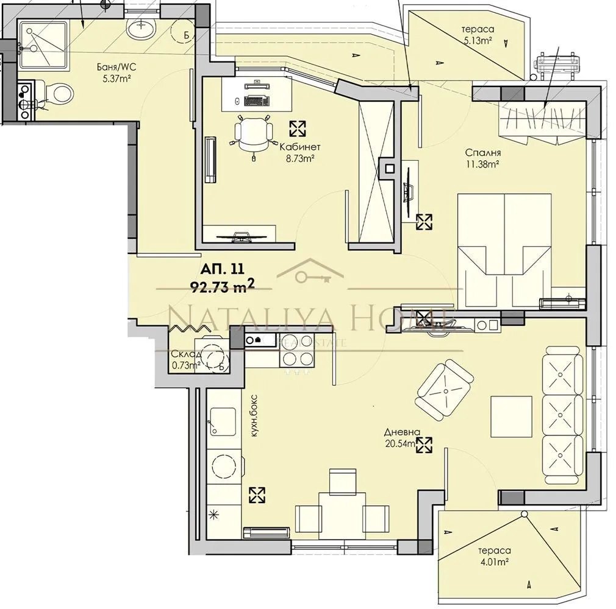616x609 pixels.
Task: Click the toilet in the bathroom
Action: click(60, 94)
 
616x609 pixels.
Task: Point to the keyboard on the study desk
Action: click(257, 101)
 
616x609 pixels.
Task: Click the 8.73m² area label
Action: click(299, 158)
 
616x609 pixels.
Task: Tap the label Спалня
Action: click(482, 153)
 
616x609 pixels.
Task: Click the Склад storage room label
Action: click(184, 354)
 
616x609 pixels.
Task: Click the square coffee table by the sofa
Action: click(511, 416)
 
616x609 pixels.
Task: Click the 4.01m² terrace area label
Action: click(493, 561)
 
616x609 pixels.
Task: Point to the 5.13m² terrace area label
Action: click(478, 41)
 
